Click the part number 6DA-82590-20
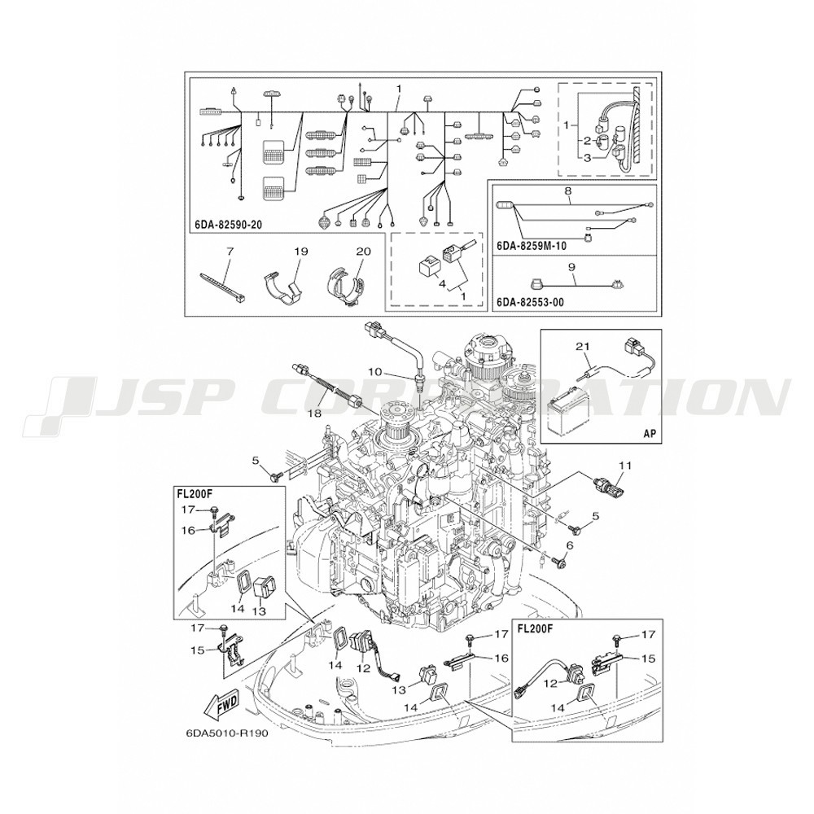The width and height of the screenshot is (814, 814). tap(229, 225)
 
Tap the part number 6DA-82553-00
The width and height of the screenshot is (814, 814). tap(531, 302)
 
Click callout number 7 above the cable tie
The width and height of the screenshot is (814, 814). tap(230, 252)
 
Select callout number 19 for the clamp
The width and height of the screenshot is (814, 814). tap(301, 252)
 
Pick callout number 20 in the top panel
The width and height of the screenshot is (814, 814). tap(363, 252)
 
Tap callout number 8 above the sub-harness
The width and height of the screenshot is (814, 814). tap(568, 191)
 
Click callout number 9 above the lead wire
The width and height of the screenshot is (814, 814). tap(571, 268)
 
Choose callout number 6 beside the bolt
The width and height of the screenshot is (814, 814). tap(571, 545)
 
